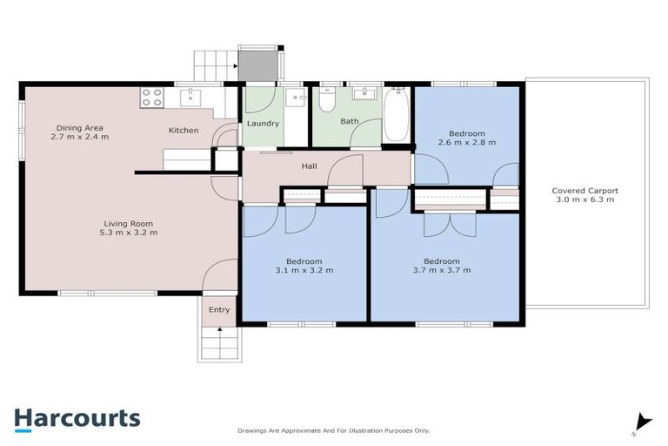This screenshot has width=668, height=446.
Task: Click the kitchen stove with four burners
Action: tap(151, 97)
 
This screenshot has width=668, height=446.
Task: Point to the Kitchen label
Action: tap(184, 131)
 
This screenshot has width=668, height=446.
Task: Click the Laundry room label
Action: tap(263, 124)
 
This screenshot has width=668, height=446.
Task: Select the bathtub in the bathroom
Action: tap(396, 114)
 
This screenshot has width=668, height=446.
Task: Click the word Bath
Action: tap(350, 122)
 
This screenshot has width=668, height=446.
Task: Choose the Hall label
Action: tap(309, 166)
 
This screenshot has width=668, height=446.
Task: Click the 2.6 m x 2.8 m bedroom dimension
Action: tap(467, 143)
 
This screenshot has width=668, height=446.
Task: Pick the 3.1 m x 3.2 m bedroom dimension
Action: tap(304, 271)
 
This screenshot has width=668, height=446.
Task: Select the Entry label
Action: tap(219, 309)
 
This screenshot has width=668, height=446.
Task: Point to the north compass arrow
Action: tap(642, 422)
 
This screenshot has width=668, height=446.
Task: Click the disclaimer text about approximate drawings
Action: tap(334, 430)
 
